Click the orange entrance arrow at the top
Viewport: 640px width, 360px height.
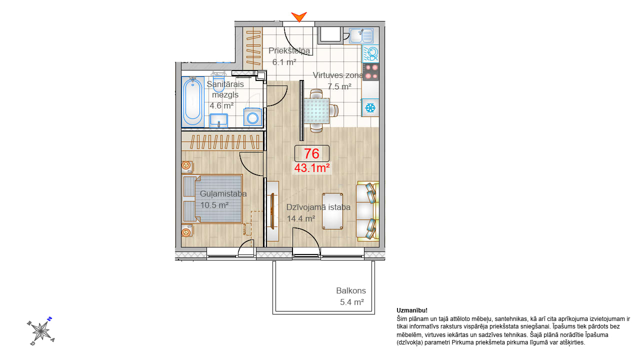tap(299, 16)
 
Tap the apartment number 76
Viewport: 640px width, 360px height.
tap(311, 153)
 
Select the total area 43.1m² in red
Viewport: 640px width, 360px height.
tap(312, 168)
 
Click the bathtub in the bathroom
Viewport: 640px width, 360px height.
tap(192, 101)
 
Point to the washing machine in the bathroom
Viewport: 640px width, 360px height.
tap(252, 117)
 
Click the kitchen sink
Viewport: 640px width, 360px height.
tap(361, 35)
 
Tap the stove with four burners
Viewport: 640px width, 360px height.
tap(370, 71)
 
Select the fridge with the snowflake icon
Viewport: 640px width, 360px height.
tap(370, 107)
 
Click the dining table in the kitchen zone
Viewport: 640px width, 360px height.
tap(316, 111)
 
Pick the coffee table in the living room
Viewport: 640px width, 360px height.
tap(332, 211)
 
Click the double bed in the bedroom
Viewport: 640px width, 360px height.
tap(212, 199)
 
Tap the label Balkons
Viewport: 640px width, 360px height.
tap(351, 290)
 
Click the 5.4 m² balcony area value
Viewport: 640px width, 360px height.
tap(352, 302)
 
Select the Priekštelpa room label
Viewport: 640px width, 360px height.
tap(289, 51)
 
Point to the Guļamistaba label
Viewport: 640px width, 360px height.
tap(223, 193)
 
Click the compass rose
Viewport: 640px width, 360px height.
tap(41, 331)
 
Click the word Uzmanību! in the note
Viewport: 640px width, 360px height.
tap(412, 310)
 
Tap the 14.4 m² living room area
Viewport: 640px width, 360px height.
tap(301, 218)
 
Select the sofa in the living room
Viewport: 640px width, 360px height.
tap(367, 211)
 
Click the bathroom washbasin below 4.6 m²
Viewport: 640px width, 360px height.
tap(218, 120)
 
